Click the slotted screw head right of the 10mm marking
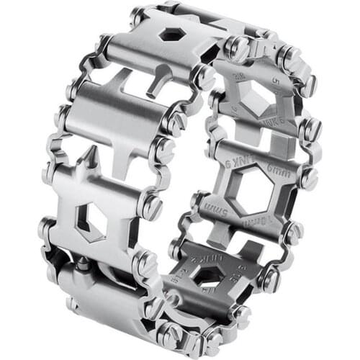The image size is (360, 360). click(x=293, y=234)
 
